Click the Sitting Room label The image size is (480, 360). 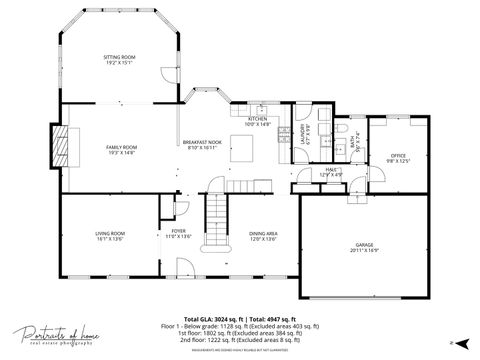coord(119,61)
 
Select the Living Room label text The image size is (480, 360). coord(109,236)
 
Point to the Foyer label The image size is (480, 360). coord(178,233)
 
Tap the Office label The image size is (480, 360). coord(398,157)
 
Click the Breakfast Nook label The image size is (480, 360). coord(202,145)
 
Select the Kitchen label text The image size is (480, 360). coord(258,122)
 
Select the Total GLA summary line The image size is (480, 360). coord(239,316)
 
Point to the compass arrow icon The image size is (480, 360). coord(451,342)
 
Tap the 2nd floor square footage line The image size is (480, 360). coord(239,340)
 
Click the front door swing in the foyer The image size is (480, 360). coord(184,266)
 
